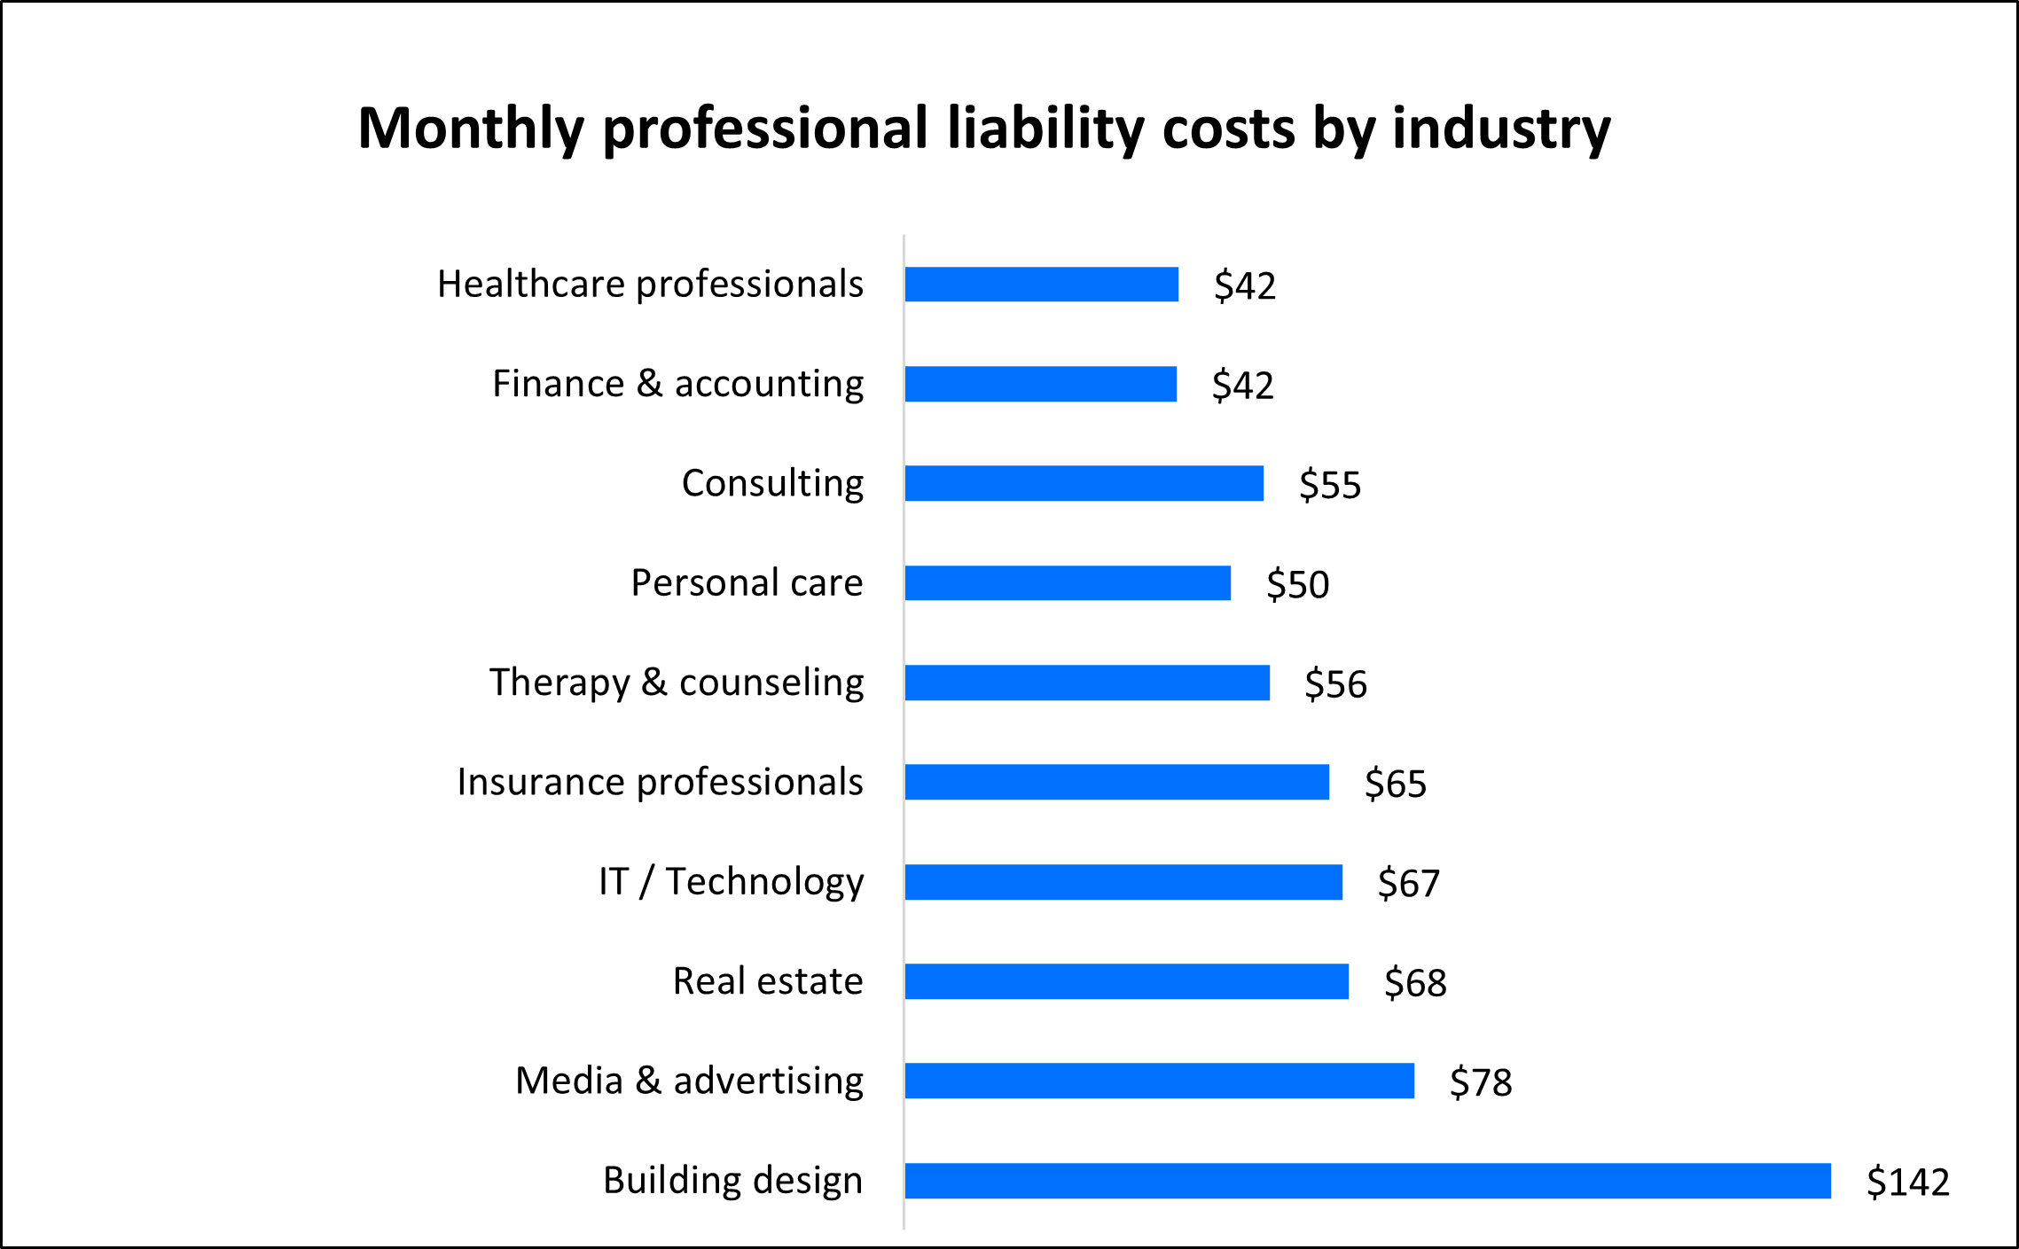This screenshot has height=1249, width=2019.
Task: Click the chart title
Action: [984, 129]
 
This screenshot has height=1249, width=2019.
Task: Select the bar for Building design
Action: [1367, 1181]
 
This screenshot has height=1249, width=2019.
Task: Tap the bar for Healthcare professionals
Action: [1042, 285]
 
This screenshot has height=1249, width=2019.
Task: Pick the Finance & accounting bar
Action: [1041, 384]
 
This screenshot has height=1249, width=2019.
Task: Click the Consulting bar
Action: [1084, 483]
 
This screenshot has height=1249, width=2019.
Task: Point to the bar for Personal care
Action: [1068, 583]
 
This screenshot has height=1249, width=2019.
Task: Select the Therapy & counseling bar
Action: [1087, 683]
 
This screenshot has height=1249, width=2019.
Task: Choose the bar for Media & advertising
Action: [1159, 1081]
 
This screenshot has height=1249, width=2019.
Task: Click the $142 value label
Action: [1908, 1182]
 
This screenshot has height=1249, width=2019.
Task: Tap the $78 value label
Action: [1481, 1082]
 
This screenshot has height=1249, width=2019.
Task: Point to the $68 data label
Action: [1415, 983]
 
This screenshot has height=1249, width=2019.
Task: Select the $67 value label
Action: [1409, 883]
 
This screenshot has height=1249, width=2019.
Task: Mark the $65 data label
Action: [1396, 784]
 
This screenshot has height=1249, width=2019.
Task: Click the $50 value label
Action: [1298, 584]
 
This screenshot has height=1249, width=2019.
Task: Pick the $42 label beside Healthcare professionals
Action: [1245, 285]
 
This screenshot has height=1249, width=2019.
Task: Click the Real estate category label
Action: [768, 981]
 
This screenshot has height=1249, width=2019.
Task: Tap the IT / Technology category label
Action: [731, 882]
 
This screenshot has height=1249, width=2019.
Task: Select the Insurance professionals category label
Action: [660, 782]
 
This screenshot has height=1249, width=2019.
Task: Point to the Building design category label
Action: [732, 1181]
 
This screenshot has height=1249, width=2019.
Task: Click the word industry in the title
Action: [1501, 129]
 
